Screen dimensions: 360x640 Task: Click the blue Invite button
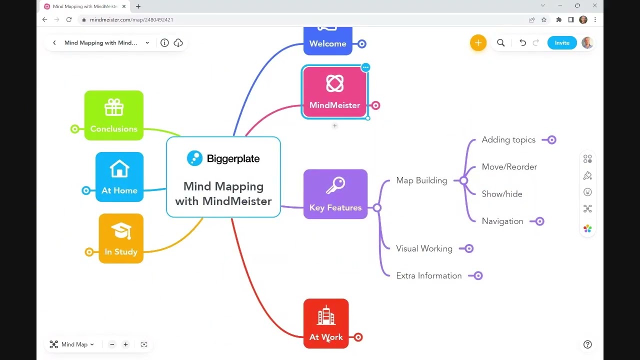(561, 43)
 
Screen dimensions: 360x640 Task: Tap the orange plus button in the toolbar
(478, 43)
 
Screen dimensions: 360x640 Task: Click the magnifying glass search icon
(500, 43)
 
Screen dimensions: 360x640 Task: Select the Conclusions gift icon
(114, 107)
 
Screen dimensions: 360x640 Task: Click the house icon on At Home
(119, 169)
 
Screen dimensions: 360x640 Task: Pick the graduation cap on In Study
(121, 230)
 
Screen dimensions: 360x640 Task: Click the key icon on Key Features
(335, 186)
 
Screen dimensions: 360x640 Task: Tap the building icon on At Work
(326, 316)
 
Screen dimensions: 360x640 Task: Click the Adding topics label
(508, 140)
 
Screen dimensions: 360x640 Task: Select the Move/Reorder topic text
(509, 167)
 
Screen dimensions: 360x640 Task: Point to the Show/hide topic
(501, 194)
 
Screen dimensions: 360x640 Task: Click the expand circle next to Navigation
(539, 221)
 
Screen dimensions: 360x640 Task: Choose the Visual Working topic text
(424, 248)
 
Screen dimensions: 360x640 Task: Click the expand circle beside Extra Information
(478, 275)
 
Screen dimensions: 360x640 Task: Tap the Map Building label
(421, 180)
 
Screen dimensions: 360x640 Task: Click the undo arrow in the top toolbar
(522, 43)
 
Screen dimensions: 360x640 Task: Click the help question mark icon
(587, 344)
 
